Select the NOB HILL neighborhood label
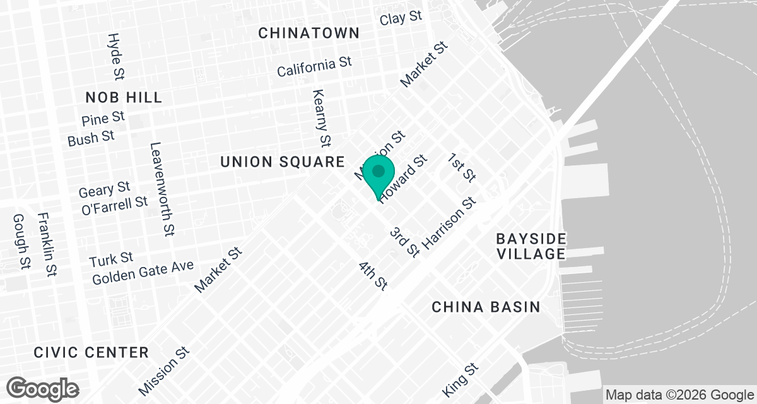click(x=124, y=97)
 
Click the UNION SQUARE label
click(x=282, y=162)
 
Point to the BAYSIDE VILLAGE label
click(x=531, y=246)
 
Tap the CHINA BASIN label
click(x=486, y=307)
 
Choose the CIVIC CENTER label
click(x=91, y=352)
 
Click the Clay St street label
click(x=401, y=18)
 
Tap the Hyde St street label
click(x=115, y=57)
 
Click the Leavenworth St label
click(x=161, y=189)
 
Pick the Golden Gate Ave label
click(x=143, y=273)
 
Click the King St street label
click(x=461, y=379)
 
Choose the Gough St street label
click(x=21, y=241)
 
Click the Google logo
click(x=44, y=388)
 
